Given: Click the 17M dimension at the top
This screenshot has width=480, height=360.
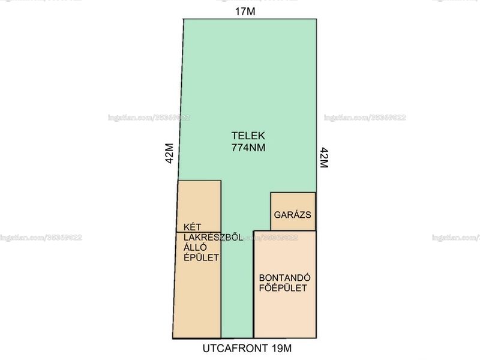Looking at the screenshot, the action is [245, 11].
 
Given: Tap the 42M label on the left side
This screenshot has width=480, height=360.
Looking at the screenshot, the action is [170, 154].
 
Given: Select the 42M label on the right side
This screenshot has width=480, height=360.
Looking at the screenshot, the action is [324, 158].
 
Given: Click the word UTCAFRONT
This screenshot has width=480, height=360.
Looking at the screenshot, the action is [235, 348].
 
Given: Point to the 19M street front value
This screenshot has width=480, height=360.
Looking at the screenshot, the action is [281, 348].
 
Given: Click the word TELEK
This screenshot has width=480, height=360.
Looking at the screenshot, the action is [248, 136].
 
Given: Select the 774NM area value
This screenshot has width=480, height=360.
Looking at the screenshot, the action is [248, 148].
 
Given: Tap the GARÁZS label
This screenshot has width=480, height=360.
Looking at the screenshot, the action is [292, 215].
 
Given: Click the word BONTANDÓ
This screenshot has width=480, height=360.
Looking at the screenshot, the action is [284, 278].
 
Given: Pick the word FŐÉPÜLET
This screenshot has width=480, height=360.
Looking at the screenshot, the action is [283, 288].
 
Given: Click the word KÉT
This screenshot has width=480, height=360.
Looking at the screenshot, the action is [193, 227].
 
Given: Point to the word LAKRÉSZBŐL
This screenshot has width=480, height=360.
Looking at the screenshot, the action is [214, 237].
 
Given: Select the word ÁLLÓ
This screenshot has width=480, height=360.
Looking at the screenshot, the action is [195, 247].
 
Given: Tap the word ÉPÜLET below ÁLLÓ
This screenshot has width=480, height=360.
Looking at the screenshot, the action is [202, 258].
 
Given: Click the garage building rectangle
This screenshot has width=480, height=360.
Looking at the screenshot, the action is [293, 211].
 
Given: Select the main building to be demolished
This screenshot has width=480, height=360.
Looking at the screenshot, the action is [285, 284].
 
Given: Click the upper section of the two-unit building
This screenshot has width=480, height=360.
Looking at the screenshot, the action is [199, 206].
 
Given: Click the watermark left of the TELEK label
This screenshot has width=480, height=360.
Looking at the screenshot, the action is [149, 118].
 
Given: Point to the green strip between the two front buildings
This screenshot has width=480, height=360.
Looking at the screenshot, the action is [237, 284].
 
